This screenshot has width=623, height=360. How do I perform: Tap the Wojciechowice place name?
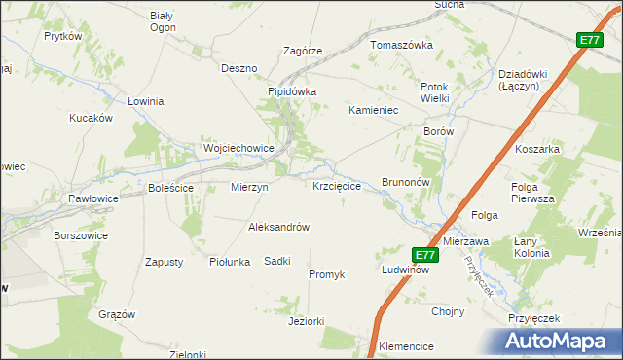pos(238,149)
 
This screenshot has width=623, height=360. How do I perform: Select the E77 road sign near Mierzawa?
pos(424,255)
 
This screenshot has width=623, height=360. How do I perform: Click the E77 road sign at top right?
pos(589,40)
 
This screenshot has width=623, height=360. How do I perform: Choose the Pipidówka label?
pos(293,92)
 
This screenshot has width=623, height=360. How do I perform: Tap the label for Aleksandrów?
pos(278,227)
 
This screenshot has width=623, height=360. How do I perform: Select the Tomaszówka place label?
pos(400,46)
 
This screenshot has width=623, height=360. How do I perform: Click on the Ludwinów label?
pos(405,270)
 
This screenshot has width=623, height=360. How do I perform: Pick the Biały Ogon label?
pos(162,21)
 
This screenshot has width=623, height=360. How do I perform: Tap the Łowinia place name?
pos(146,101)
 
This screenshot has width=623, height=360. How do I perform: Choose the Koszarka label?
pos(537,149)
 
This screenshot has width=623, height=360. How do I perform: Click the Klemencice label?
pos(406,345)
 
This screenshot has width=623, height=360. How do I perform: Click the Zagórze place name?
pos(302,52)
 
